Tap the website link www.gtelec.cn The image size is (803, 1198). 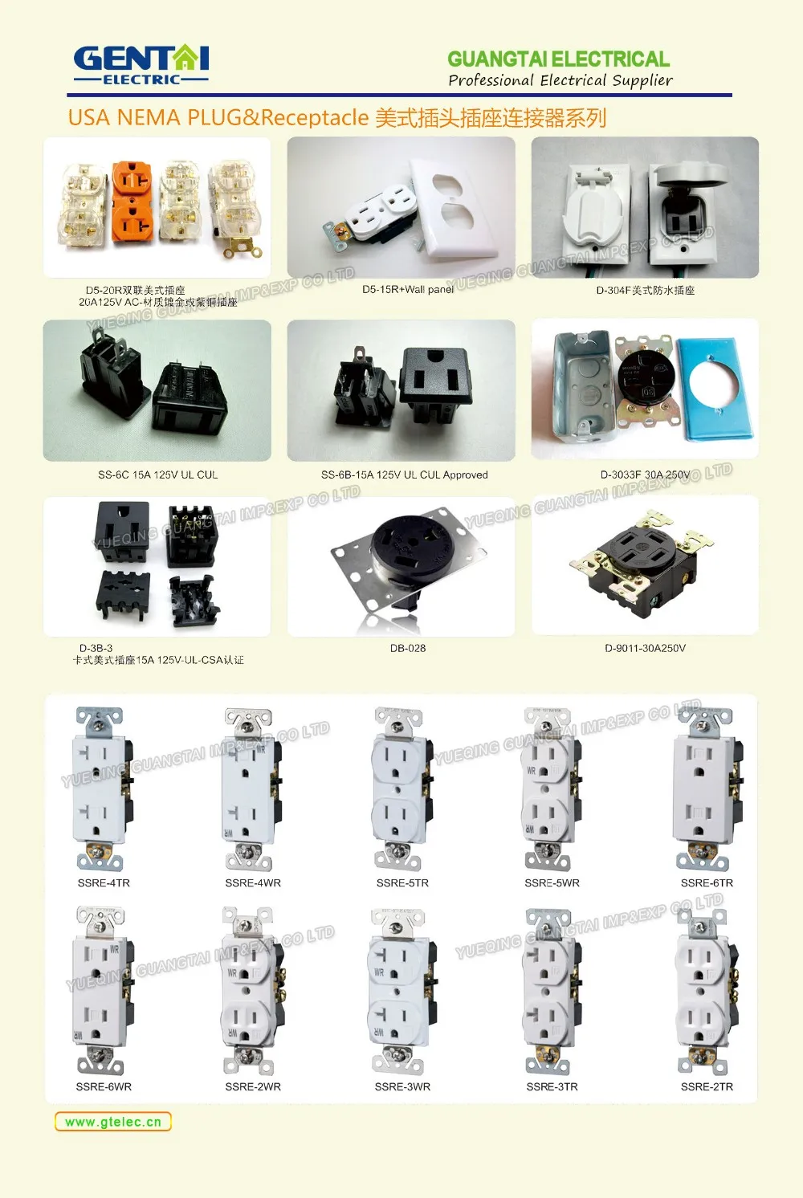click(113, 1122)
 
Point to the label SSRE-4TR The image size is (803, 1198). click(104, 882)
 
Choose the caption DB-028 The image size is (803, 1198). click(408, 648)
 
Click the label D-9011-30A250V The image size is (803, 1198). click(645, 648)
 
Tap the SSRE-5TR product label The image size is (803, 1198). click(402, 882)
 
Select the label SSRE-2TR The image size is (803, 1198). click(707, 1086)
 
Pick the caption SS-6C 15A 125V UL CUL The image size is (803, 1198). click(157, 475)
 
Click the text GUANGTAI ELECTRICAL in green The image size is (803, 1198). click(558, 59)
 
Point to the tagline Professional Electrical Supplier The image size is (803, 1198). click(560, 80)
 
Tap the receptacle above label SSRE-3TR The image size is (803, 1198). click(551, 992)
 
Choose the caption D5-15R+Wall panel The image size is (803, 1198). click(408, 289)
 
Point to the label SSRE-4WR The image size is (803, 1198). click(252, 882)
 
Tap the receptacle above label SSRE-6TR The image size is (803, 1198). click(705, 788)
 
